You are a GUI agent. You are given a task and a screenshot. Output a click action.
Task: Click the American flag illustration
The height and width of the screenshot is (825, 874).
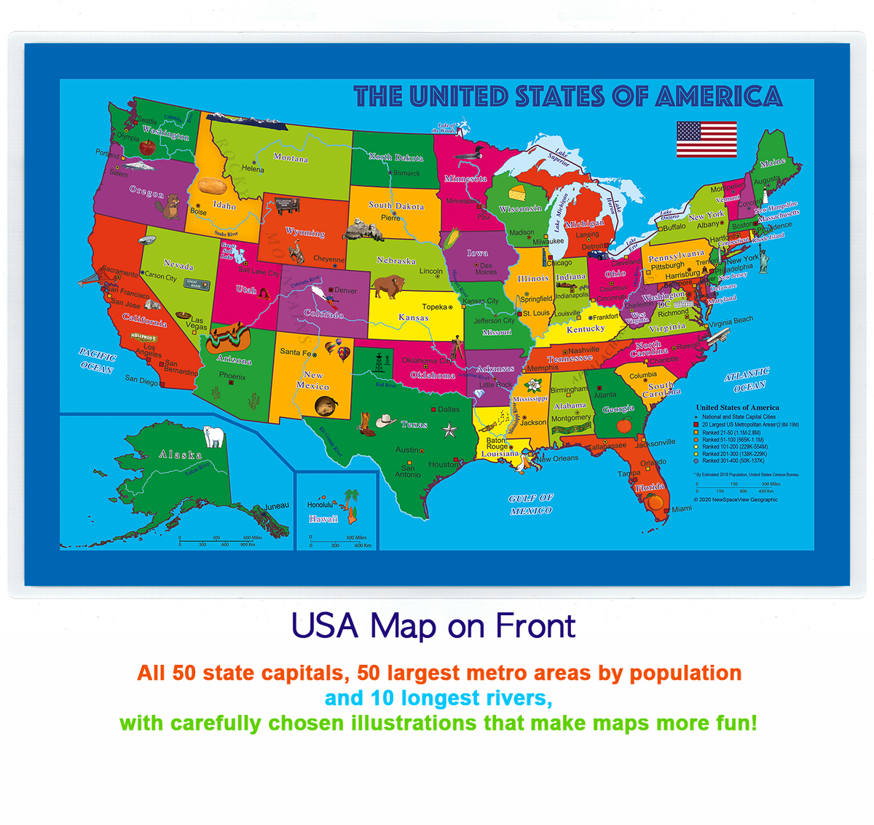pos(706,139)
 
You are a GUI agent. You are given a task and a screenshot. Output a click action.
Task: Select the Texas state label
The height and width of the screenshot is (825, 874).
pos(414,424)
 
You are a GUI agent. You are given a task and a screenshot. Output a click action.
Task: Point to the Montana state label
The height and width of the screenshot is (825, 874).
pos(291,158)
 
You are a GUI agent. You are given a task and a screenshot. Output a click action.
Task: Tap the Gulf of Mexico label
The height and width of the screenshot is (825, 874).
pos(531,504)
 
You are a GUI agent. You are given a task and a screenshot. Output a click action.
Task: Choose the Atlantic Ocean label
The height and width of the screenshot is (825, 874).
pos(747,379)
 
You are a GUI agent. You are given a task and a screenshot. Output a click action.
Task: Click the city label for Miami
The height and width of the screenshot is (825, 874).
pos(682,509)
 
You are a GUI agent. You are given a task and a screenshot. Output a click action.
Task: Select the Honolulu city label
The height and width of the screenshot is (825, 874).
pos(320,505)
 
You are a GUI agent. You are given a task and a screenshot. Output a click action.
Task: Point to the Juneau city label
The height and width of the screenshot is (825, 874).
pos(277,506)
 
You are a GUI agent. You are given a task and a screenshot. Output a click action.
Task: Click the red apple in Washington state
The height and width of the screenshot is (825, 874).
pos(147,147)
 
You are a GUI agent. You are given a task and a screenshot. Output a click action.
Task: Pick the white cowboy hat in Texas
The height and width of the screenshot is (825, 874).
pos(385,420)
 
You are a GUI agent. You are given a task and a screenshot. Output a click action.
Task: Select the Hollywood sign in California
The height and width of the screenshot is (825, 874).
pos(143,338)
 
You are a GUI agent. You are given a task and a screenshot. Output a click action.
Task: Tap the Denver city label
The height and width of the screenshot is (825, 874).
pos(345,290)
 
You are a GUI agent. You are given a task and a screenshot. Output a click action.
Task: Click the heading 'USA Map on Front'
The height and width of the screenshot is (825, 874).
pos(433,625)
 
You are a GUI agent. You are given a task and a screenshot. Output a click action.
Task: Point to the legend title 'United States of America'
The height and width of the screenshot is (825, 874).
pos(737,408)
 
